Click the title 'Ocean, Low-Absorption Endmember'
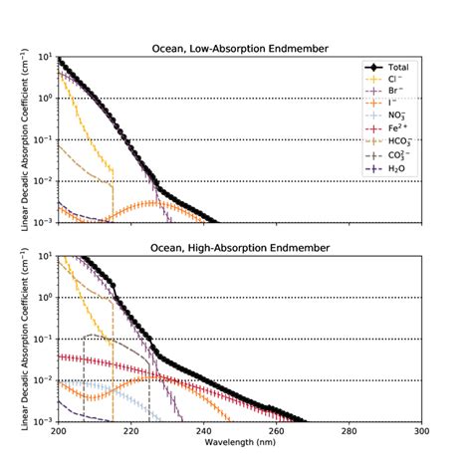coord(240,48)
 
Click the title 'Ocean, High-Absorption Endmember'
coord(240,247)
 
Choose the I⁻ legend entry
coord(390,104)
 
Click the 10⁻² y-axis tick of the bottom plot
coord(44,380)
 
